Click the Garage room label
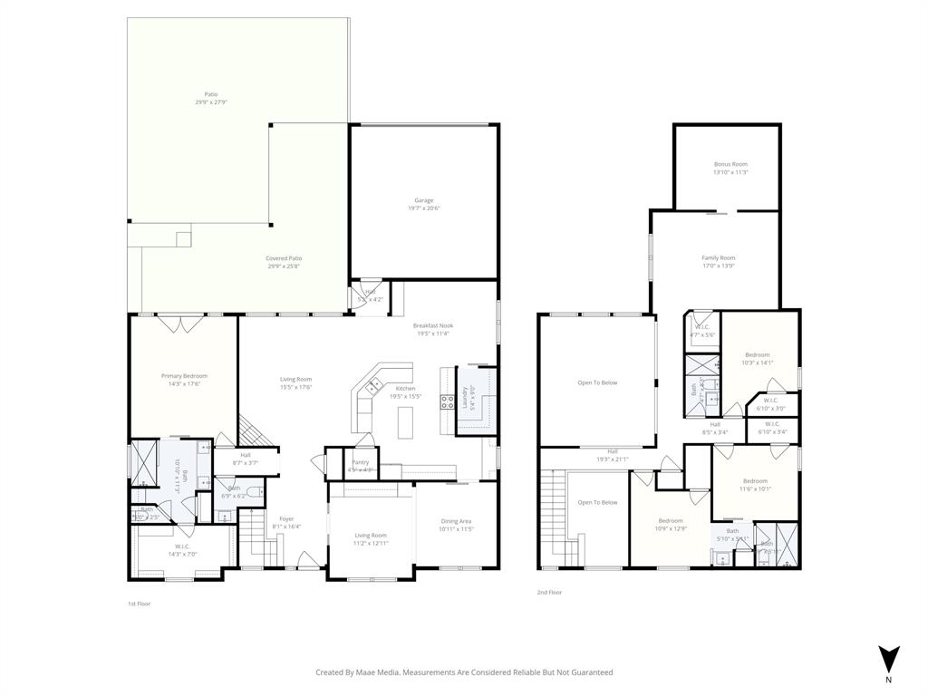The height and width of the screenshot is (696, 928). pyautogui.click(x=423, y=200)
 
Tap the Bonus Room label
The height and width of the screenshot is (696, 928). pyautogui.click(x=730, y=164)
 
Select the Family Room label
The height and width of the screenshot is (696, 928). pyautogui.click(x=718, y=258)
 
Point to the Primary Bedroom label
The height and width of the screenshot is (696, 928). pyautogui.click(x=184, y=376)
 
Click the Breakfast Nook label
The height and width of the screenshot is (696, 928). pyautogui.click(x=432, y=325)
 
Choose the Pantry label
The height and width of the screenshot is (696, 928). pyautogui.click(x=360, y=462)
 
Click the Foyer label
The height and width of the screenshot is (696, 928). pyautogui.click(x=286, y=519)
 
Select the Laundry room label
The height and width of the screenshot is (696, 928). pyautogui.click(x=465, y=400)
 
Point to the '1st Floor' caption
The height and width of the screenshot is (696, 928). pyautogui.click(x=139, y=603)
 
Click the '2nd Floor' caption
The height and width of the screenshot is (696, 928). pyautogui.click(x=549, y=593)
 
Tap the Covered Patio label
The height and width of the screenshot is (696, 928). pyautogui.click(x=284, y=258)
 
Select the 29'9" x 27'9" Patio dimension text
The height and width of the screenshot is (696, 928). pyautogui.click(x=210, y=102)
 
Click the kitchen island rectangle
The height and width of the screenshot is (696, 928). pyautogui.click(x=404, y=421)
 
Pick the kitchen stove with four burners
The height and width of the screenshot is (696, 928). pyautogui.click(x=447, y=401)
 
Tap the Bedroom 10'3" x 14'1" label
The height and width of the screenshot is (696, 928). pyautogui.click(x=757, y=354)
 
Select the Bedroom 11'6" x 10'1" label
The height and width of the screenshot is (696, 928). pyautogui.click(x=755, y=481)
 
